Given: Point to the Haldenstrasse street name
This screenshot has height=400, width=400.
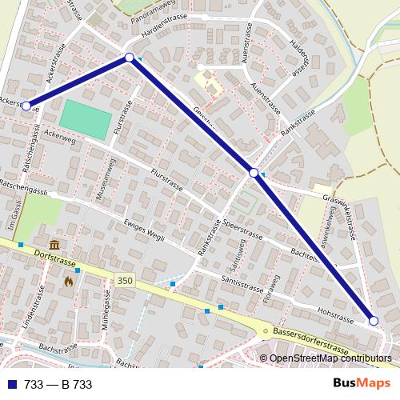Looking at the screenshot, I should [x=301, y=55].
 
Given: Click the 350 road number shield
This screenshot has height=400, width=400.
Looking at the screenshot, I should [x=124, y=281].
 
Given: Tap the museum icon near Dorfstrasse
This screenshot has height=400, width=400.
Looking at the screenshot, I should [x=54, y=244].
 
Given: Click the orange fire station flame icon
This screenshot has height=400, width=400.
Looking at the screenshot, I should [x=70, y=281].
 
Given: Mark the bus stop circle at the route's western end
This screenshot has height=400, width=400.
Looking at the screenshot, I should [x=26, y=106].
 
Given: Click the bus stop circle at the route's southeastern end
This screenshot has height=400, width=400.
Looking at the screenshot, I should [x=373, y=320].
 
